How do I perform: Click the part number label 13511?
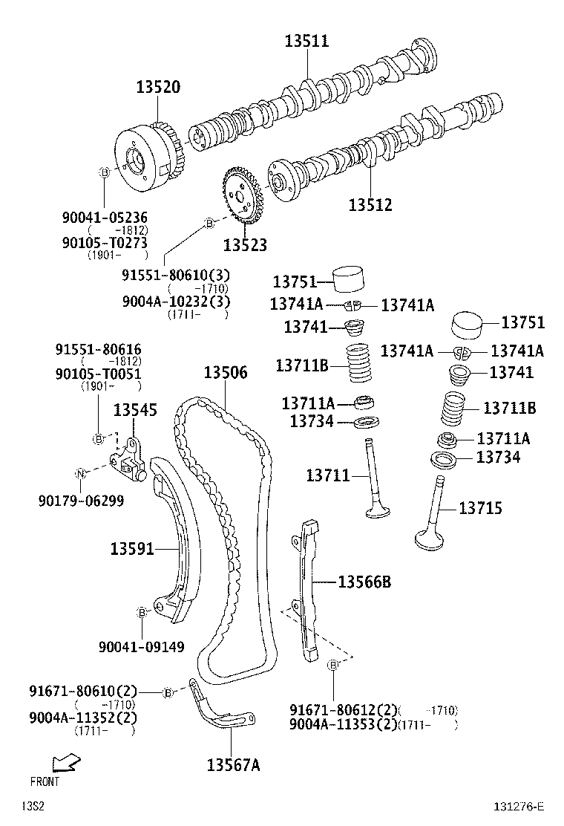click(306, 42)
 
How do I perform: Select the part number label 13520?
click(157, 88)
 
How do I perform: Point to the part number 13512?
click(370, 205)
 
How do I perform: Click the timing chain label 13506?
click(226, 373)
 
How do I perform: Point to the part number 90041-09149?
click(142, 647)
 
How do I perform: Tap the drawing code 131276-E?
click(519, 807)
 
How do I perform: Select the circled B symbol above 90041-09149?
click(141, 612)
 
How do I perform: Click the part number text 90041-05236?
click(105, 218)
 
